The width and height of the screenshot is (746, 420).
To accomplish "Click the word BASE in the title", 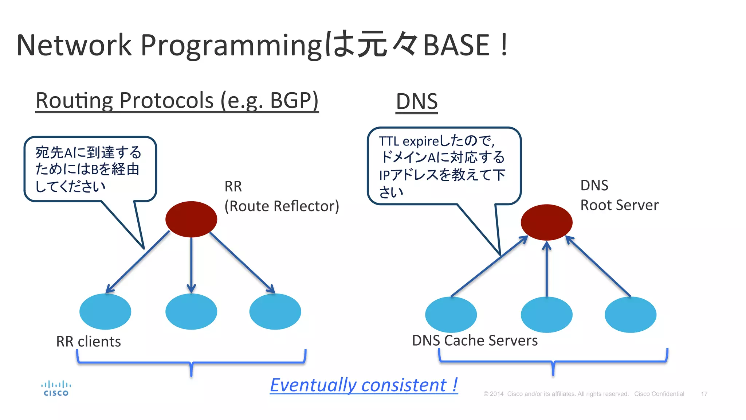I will click(456, 45).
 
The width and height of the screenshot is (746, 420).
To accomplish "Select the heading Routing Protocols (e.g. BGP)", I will click(177, 100).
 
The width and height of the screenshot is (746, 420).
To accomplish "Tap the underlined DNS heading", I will click(417, 101).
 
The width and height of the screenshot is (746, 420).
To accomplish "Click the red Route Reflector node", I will click(191, 219).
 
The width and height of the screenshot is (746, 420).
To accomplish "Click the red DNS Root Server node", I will click(546, 222).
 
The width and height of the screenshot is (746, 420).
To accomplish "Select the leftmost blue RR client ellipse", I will click(105, 311).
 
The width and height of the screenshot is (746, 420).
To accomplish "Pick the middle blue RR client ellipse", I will click(191, 311).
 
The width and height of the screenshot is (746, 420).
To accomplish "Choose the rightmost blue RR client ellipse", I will click(275, 311).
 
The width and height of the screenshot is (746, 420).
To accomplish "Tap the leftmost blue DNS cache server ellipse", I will click(451, 314).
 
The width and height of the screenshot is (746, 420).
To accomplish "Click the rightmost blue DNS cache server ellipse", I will click(630, 314).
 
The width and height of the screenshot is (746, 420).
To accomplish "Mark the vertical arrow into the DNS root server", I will click(546, 270).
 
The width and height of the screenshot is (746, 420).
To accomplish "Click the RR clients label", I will click(89, 342).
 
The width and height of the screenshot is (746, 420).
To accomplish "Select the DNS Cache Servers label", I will click(475, 341).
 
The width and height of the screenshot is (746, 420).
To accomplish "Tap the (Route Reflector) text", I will click(282, 206).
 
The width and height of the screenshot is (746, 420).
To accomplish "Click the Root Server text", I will click(619, 205).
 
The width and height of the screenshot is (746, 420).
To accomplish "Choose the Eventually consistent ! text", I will click(364, 385).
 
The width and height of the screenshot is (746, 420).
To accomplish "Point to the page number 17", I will click(704, 394).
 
